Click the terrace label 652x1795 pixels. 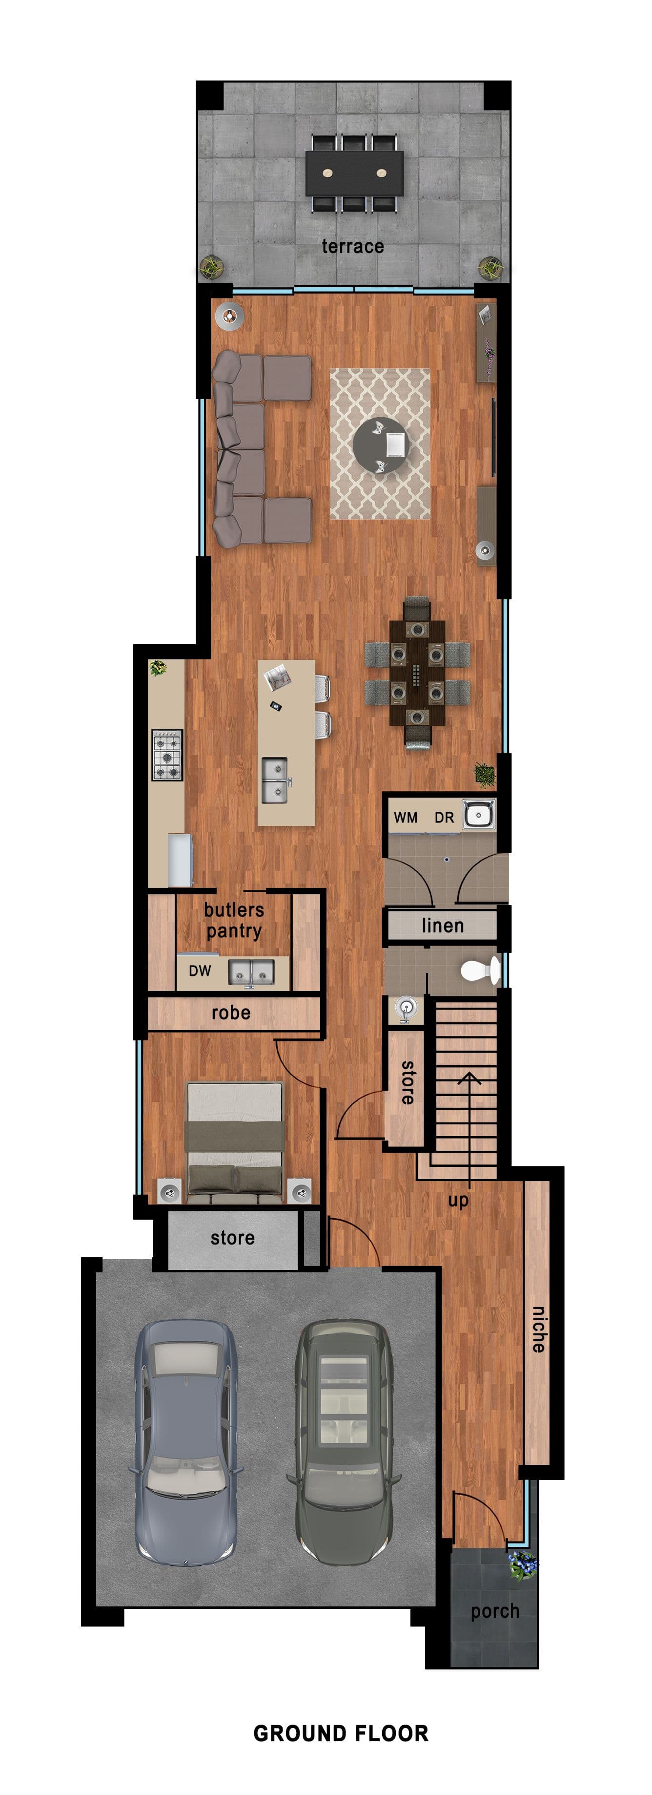352,246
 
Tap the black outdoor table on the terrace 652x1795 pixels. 355,173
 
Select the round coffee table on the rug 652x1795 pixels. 380,444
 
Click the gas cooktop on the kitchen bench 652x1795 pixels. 167,755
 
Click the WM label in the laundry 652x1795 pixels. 406,817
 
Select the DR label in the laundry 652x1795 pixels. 445,817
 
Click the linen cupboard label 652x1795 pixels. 442,926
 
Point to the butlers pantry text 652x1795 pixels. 234,921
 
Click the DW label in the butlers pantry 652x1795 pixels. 200,971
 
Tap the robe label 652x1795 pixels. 230,1013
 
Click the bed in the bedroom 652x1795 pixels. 235,1143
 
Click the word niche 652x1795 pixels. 538,1330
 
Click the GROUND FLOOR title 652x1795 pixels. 341,1733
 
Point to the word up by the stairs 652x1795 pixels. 458,1200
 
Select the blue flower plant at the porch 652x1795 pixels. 523,1565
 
